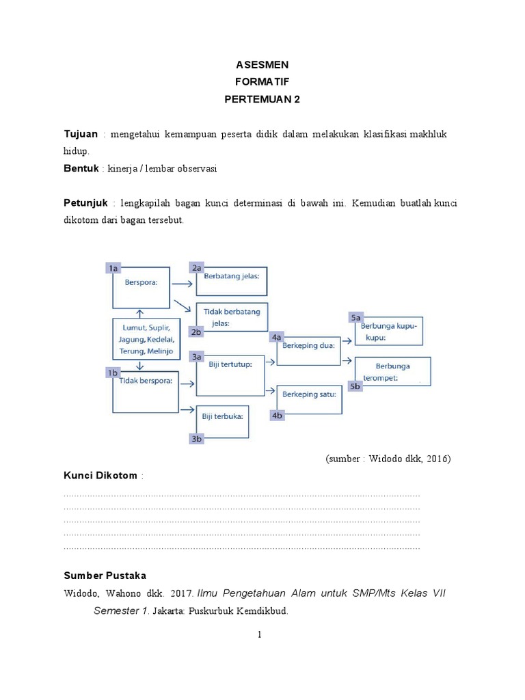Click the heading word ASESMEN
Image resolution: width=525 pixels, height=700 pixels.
point(262,65)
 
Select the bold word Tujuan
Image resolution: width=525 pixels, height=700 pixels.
point(81,134)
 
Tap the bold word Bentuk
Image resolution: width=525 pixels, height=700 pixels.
point(81,169)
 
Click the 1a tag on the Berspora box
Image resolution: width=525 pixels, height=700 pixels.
point(114,269)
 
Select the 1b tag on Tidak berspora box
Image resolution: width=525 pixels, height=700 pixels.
point(113,372)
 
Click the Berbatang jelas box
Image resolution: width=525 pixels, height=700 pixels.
point(232,281)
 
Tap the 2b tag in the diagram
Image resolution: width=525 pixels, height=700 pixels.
point(198,332)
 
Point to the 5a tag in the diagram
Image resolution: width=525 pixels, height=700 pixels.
point(356,318)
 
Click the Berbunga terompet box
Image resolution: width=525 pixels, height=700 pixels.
point(392,372)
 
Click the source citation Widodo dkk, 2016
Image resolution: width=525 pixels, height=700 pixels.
point(388,459)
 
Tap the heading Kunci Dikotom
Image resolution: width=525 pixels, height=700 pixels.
point(100,475)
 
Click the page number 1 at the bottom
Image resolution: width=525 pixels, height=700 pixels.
point(260,635)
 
